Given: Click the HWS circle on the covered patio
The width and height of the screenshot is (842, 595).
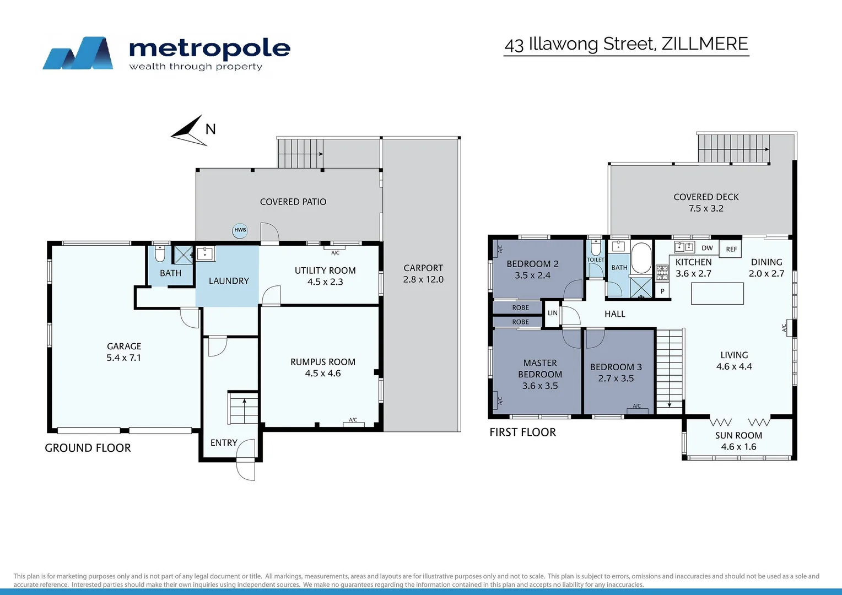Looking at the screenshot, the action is pyautogui.click(x=240, y=230).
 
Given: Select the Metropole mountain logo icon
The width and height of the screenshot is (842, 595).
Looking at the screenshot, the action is pyautogui.click(x=78, y=53).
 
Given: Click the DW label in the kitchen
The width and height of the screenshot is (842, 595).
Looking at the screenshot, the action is pyautogui.click(x=707, y=248).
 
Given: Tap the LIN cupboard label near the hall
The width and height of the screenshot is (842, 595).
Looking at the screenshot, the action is pyautogui.click(x=553, y=313).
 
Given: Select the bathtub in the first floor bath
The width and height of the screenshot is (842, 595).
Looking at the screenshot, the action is pyautogui.click(x=641, y=257).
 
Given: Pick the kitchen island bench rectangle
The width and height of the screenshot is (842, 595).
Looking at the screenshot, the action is pyautogui.click(x=717, y=293).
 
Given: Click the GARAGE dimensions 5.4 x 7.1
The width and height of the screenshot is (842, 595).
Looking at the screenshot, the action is pyautogui.click(x=123, y=358).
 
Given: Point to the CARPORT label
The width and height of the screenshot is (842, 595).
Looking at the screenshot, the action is pyautogui.click(x=423, y=268).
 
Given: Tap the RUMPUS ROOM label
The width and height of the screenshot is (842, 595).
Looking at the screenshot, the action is pyautogui.click(x=323, y=362).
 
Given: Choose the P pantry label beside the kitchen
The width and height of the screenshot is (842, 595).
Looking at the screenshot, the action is pyautogui.click(x=662, y=291).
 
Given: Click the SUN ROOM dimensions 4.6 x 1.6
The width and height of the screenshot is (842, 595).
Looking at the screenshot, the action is pyautogui.click(x=738, y=447).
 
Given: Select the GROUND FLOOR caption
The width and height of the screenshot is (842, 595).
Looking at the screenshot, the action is pyautogui.click(x=88, y=448).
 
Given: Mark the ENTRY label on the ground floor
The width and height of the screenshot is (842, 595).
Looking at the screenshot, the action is pyautogui.click(x=224, y=443).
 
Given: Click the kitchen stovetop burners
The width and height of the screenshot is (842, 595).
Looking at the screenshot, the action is pyautogui.click(x=662, y=273).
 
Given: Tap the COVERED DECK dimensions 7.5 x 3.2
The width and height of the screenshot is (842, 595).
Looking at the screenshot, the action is pyautogui.click(x=706, y=208).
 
